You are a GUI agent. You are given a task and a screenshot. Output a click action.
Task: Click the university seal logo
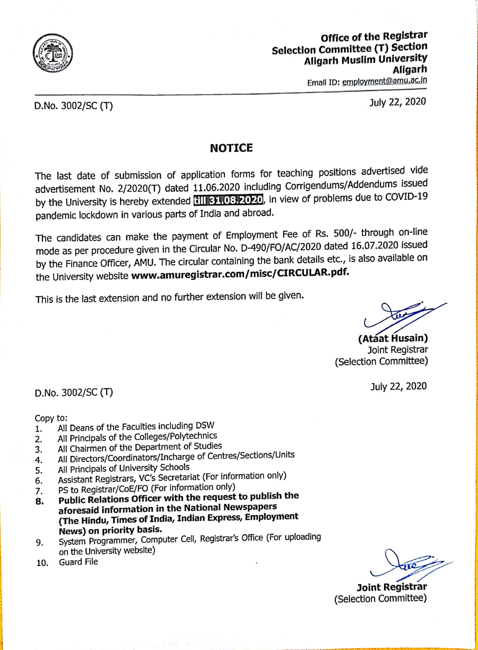53,53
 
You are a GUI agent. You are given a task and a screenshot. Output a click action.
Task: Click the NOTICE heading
231,148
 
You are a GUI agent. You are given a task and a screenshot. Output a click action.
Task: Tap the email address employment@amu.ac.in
384,81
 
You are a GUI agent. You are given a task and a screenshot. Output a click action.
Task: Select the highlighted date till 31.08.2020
228,200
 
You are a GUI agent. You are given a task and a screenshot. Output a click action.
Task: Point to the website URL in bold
240,274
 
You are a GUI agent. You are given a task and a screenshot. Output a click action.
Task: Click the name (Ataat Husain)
393,338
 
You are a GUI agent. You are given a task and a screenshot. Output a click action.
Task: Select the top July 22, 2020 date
397,102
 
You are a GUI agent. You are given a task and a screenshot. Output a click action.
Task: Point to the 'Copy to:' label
51,418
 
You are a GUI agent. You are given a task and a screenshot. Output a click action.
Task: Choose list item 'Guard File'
78,562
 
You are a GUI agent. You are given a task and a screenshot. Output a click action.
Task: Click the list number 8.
39,501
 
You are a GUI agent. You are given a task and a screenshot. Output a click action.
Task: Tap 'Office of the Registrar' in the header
374,37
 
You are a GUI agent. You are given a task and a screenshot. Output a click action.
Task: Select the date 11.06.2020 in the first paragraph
216,187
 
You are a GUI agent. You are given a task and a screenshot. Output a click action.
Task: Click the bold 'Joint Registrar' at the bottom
391,587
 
